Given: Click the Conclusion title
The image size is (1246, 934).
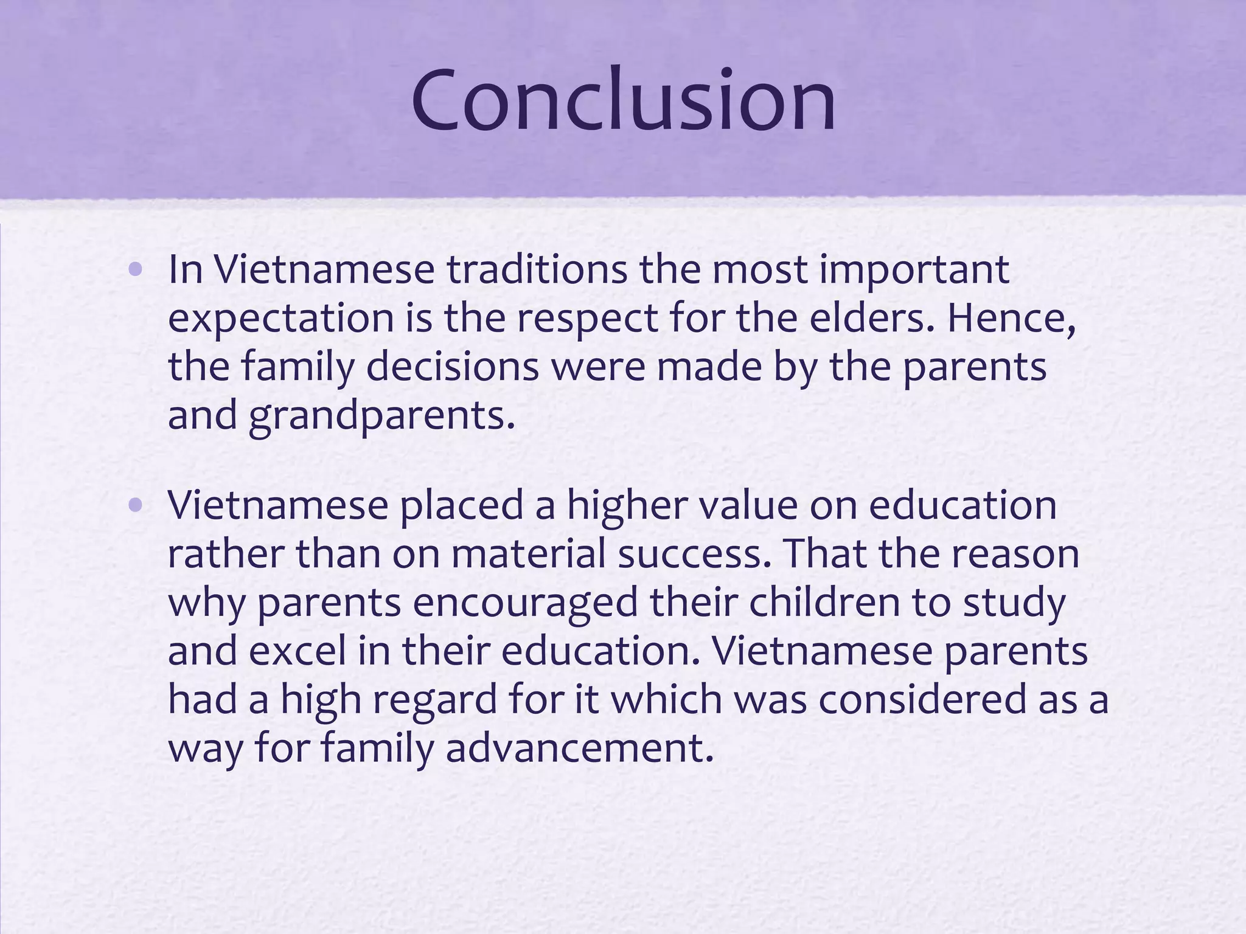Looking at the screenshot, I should point(623,100).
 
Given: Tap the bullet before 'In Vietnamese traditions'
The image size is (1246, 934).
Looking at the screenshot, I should point(136,269).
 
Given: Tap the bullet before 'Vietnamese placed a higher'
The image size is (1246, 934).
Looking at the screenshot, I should point(136,505).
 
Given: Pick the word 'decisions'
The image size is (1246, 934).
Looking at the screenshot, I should point(453,367).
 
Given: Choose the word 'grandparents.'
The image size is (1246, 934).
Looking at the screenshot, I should point(381,417).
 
